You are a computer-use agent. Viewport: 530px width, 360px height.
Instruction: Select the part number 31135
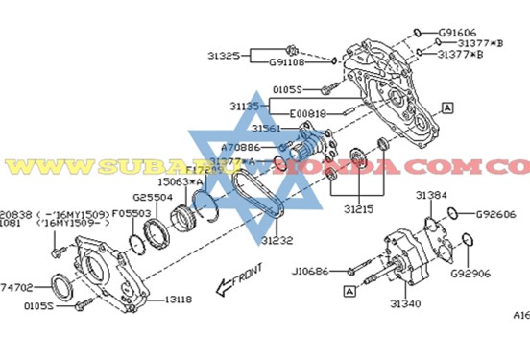coord(245,105)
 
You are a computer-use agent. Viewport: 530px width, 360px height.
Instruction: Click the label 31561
coord(266,128)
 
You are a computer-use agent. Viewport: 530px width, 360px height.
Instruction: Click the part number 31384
coord(431,195)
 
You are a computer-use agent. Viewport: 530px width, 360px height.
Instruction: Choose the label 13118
coord(178,300)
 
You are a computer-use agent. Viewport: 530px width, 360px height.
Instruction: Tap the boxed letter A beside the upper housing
coord(447,109)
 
